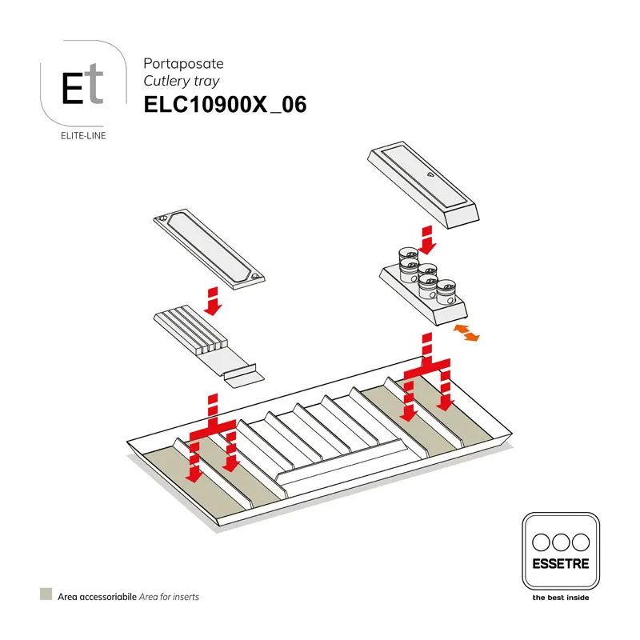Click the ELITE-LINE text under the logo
(83, 135)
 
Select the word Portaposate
(171, 63)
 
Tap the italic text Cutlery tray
(181, 81)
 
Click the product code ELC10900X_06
(225, 106)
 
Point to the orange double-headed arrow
(466, 333)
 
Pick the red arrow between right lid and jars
(426, 238)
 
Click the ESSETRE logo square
(560, 552)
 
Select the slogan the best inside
(560, 598)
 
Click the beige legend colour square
(46, 594)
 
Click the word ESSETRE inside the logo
(560, 564)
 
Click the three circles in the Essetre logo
(560, 540)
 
